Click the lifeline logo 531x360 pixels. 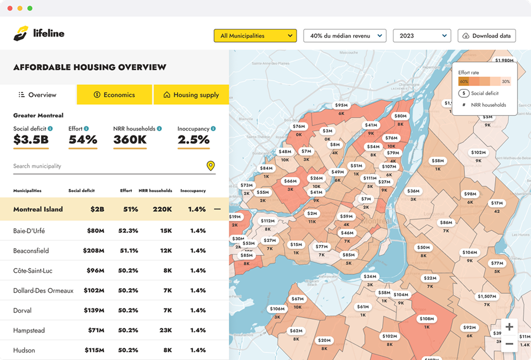[x=39, y=33]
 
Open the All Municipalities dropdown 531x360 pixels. [x=255, y=36]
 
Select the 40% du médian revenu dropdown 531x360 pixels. [x=345, y=36]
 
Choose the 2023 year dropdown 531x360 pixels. [x=421, y=36]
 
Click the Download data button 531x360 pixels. [x=486, y=36]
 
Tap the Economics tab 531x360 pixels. [x=114, y=95]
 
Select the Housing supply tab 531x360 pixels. [x=191, y=95]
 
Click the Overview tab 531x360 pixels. [x=38, y=95]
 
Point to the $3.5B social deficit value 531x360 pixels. [x=31, y=140]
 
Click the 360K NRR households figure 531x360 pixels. [x=130, y=140]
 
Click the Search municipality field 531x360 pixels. [x=107, y=166]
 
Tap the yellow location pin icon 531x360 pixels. [x=211, y=166]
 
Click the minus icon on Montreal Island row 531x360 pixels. [x=217, y=209]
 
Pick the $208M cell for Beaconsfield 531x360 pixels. [x=94, y=251]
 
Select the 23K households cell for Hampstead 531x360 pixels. [x=165, y=330]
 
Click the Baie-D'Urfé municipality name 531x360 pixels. [x=29, y=231]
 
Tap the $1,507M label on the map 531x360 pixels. [x=486, y=296]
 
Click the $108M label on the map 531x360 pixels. [x=427, y=319]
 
